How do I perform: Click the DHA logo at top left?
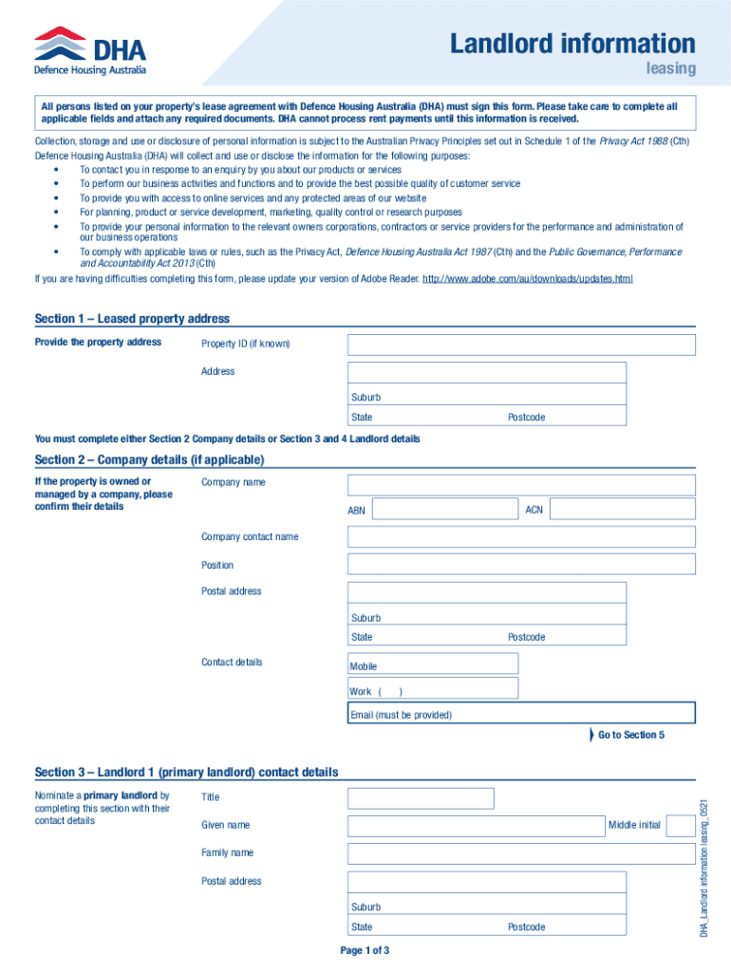pyautogui.click(x=90, y=50)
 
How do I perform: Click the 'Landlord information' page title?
pyautogui.click(x=572, y=44)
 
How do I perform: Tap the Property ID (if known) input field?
pyautogui.click(x=521, y=345)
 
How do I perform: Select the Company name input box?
pyautogui.click(x=521, y=484)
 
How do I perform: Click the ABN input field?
pyautogui.click(x=444, y=510)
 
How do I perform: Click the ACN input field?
pyautogui.click(x=622, y=510)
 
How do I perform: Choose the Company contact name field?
pyautogui.click(x=521, y=537)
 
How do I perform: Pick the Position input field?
pyautogui.click(x=521, y=565)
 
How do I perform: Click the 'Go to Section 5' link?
pyautogui.click(x=630, y=736)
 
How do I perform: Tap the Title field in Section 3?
pyautogui.click(x=421, y=798)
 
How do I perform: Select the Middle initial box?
pyautogui.click(x=680, y=826)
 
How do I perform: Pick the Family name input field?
pyautogui.click(x=521, y=853)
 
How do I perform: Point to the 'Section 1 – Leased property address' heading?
pyautogui.click(x=132, y=319)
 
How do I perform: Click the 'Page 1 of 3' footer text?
pyautogui.click(x=365, y=950)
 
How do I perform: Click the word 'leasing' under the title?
pyautogui.click(x=671, y=68)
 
